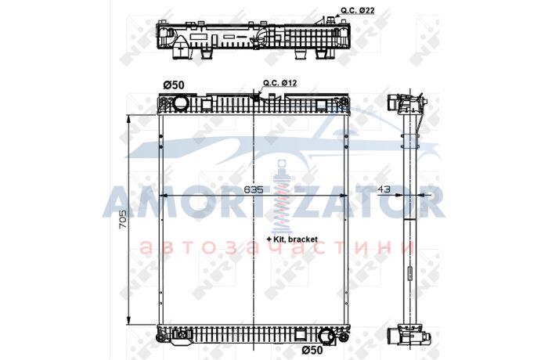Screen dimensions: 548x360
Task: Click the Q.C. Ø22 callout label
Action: pyautogui.click(x=358, y=10)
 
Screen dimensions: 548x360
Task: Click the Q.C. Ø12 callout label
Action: pyautogui.click(x=280, y=83)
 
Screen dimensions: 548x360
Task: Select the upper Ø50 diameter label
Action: pyautogui.click(x=174, y=85)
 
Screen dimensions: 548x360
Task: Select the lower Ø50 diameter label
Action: pyautogui.click(x=312, y=350)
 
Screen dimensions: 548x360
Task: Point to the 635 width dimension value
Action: pyautogui.click(x=254, y=189)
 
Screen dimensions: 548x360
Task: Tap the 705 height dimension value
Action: pyautogui.click(x=123, y=219)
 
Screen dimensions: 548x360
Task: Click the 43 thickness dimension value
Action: pyautogui.click(x=384, y=189)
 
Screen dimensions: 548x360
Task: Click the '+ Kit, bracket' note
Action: pyautogui.click(x=292, y=239)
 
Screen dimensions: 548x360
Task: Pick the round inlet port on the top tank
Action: pyautogui.click(x=181, y=103)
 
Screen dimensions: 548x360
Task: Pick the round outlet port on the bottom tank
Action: pyautogui.click(x=326, y=337)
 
